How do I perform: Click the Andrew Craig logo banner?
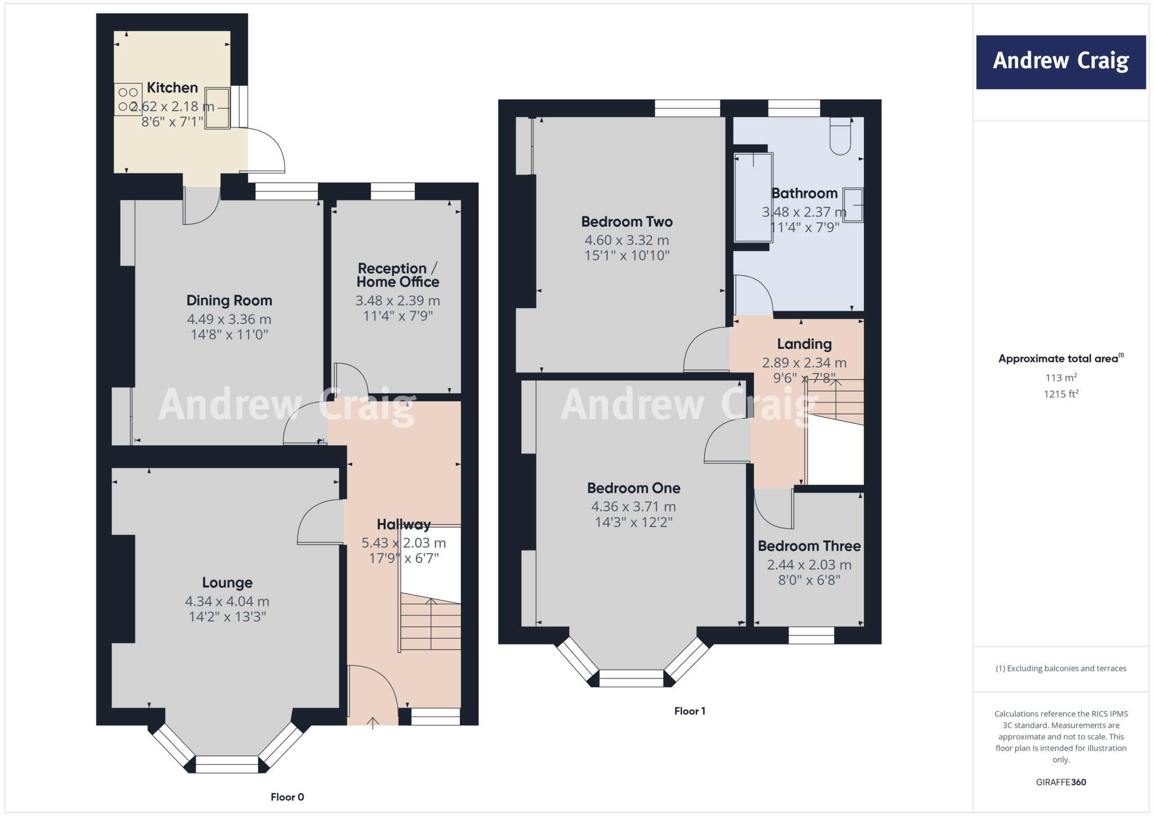tap(1060, 62)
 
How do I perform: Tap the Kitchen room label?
tap(172, 88)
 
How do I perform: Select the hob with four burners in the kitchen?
tap(128, 100)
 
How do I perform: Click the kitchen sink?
tap(218, 108)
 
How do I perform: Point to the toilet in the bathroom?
tap(840, 137)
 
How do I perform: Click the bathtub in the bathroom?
tap(753, 197)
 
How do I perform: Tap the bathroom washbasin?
tap(853, 205)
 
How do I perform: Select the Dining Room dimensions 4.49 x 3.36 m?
tap(229, 320)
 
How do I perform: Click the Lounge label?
tap(227, 583)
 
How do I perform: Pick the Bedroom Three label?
tap(809, 546)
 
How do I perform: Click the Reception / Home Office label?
tap(398, 275)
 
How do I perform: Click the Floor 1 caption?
tap(689, 711)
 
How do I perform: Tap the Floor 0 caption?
tap(287, 797)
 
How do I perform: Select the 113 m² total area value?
tap(1061, 378)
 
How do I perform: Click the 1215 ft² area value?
tap(1061, 394)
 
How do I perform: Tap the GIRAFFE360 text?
tap(1060, 782)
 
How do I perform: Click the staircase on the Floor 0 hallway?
tap(430, 626)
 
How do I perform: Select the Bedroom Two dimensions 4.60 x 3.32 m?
tap(627, 241)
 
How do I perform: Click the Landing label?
tap(804, 344)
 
